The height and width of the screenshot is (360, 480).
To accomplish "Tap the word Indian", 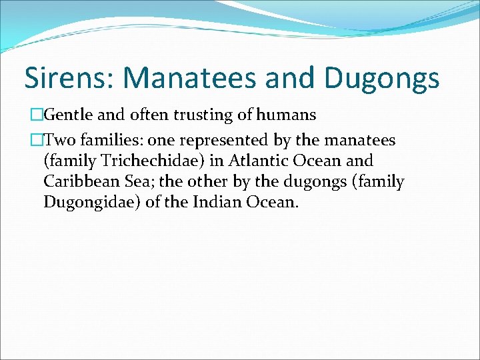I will click(213, 201).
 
